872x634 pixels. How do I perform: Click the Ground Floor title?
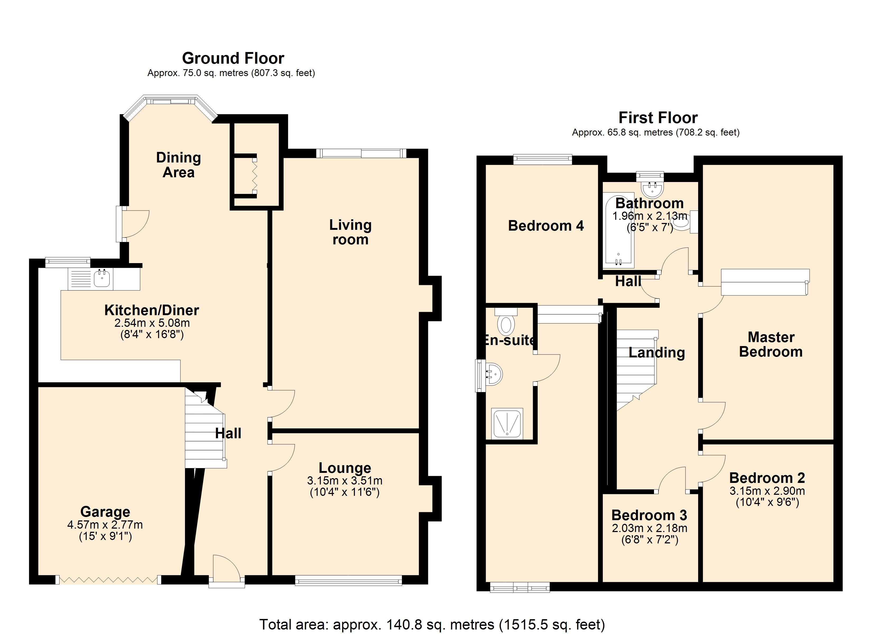point(233,58)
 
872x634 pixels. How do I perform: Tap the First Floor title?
point(658,118)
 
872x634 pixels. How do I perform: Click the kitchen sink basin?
point(101,278)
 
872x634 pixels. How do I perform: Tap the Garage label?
point(105,512)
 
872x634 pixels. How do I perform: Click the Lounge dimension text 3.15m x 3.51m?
point(345,481)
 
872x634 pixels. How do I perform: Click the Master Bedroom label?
point(771,344)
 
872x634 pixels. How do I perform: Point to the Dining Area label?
point(178,165)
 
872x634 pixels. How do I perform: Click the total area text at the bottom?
point(432,624)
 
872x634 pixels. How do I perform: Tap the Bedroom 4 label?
point(546,226)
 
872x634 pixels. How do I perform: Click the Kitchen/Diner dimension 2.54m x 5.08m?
point(152,323)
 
